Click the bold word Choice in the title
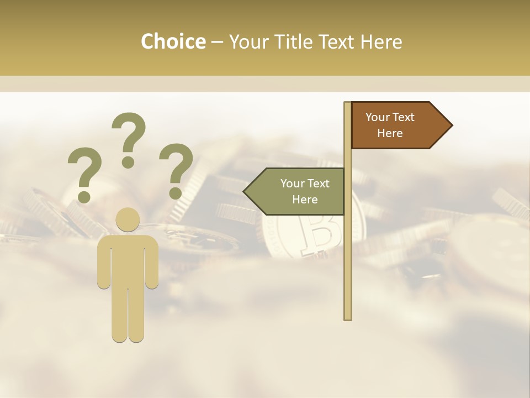point(173,41)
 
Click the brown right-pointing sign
point(395,125)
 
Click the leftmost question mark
point(84,173)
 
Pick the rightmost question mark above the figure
point(176,170)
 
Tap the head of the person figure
point(128,219)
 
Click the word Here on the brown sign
point(390,133)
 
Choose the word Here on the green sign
point(305,200)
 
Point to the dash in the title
point(217,42)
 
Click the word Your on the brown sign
point(378,117)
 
